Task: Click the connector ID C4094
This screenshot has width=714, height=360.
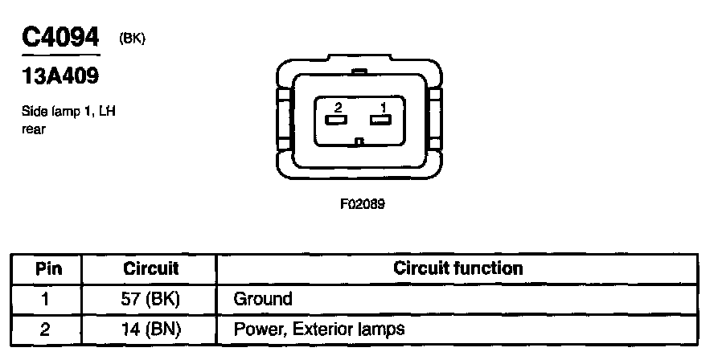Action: [x=60, y=37]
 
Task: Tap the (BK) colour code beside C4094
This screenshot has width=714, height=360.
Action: [x=132, y=38]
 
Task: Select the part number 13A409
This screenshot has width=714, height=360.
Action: [x=61, y=78]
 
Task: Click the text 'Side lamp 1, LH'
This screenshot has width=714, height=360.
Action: [x=68, y=112]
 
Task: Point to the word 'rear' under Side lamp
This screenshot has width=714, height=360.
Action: [x=34, y=128]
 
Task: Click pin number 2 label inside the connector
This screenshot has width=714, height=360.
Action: [x=338, y=107]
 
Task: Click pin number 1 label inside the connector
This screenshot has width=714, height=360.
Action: [x=384, y=107]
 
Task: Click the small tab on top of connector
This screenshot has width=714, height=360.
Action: [x=359, y=72]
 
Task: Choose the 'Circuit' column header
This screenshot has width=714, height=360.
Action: [x=150, y=268]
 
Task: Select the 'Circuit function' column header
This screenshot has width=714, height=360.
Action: [x=458, y=268]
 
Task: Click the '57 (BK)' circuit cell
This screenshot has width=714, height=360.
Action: [x=150, y=299]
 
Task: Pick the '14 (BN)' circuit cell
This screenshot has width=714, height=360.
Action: [x=150, y=329]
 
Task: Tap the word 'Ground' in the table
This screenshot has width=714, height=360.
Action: [x=262, y=299]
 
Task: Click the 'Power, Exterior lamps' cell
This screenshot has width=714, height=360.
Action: [x=319, y=329]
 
